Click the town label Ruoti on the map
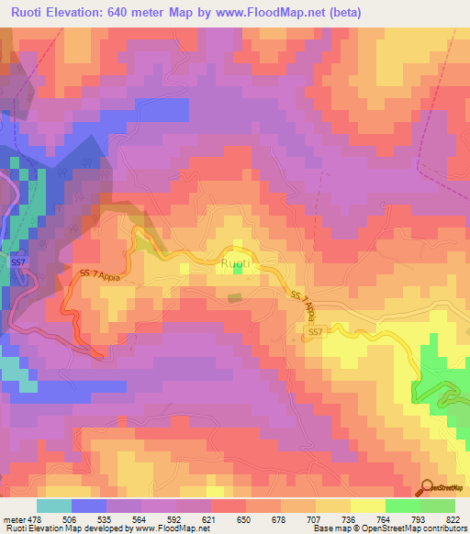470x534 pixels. coord(236,264)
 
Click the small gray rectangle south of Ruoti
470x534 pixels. coord(236,297)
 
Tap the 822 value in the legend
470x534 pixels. coord(455,518)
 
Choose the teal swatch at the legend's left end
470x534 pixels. coord(54,506)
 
